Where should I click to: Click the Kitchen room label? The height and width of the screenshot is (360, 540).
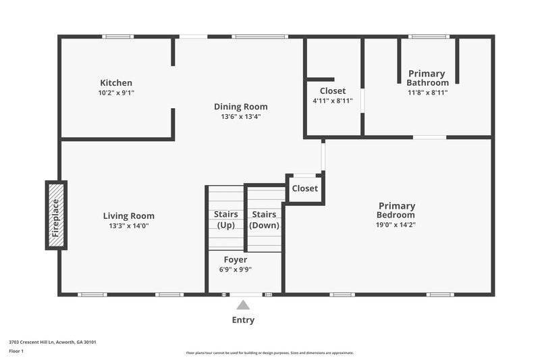[x=116, y=83]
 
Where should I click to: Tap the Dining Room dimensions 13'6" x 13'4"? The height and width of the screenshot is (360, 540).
[x=240, y=116]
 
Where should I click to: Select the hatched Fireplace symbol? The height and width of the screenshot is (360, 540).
[x=56, y=215]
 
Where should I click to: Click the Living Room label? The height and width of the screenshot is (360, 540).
[x=128, y=216]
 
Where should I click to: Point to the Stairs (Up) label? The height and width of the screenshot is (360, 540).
[x=225, y=220]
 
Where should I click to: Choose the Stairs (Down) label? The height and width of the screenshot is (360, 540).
[x=265, y=220]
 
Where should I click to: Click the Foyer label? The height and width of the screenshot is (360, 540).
[x=235, y=259]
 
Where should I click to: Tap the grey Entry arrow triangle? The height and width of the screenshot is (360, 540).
[x=243, y=305]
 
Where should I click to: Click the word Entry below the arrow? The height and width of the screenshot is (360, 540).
[x=243, y=320]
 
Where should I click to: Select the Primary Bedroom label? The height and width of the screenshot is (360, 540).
[x=396, y=210]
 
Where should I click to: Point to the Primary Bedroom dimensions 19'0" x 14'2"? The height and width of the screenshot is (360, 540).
[x=396, y=224]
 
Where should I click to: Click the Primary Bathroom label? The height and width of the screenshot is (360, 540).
[x=427, y=78]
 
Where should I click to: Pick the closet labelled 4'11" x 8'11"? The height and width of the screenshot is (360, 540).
[x=332, y=95]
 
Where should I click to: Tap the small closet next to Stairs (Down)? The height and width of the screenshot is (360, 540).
[x=304, y=188]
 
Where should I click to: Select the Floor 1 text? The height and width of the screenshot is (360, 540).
[x=16, y=351]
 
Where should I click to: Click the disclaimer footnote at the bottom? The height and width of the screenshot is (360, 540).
[x=269, y=353]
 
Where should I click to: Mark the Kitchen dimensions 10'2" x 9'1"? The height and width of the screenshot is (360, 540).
[x=116, y=93]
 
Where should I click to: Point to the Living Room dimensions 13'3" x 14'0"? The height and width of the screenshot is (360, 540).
[x=128, y=226]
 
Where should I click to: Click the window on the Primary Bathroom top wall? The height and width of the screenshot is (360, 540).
[x=429, y=36]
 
